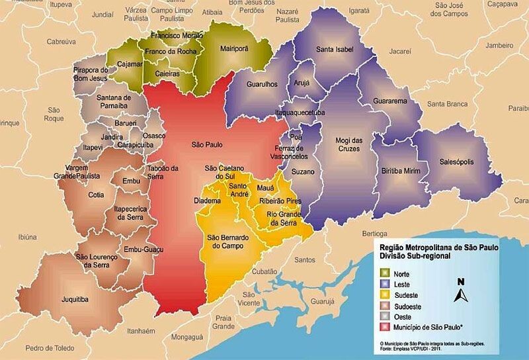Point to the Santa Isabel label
click(x=335, y=50)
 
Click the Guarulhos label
click(x=261, y=85)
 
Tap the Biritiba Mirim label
click(x=401, y=170)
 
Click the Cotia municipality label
click(x=97, y=195)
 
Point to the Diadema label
click(x=207, y=201)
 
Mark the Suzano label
click(x=303, y=172)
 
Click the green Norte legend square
click(x=384, y=273)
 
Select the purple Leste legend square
click(x=384, y=284)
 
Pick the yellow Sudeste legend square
click(x=384, y=295)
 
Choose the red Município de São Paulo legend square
click(x=384, y=327)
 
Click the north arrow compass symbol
click(x=461, y=290)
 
